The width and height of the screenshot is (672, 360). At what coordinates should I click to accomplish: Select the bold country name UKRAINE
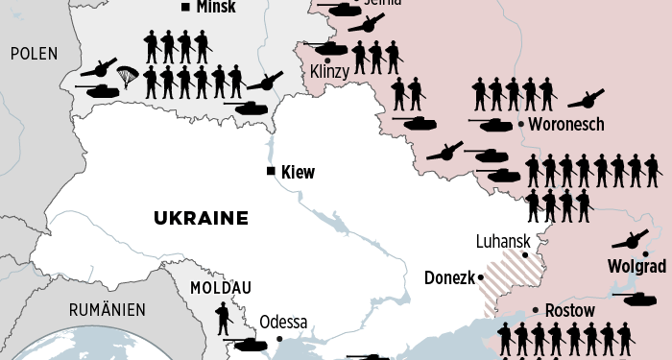tap(201, 218)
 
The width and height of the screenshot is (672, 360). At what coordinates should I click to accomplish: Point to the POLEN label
tap(35, 54)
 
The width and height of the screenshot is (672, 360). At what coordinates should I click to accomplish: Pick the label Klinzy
tap(331, 72)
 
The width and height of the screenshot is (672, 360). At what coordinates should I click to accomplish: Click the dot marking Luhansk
tap(525, 255)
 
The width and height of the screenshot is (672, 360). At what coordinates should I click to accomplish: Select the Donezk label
tap(448, 278)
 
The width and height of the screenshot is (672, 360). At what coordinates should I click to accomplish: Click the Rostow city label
tap(569, 310)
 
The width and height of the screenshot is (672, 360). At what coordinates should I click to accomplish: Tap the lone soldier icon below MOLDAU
tap(223, 316)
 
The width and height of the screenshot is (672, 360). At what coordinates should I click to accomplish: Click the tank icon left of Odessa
tap(245, 344)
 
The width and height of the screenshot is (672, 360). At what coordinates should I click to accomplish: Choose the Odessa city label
tap(283, 322)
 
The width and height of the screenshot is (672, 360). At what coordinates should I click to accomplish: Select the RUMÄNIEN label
tap(107, 309)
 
